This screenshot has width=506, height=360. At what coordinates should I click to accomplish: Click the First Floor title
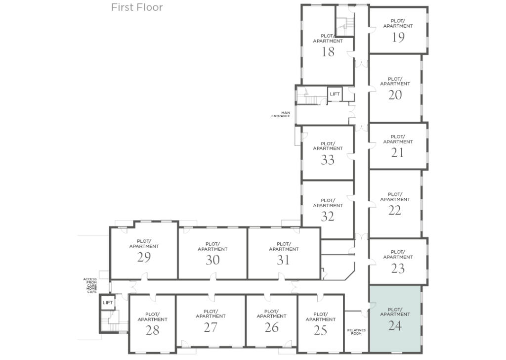pos(137,7)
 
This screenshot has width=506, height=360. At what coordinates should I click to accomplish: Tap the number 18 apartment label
pos(328,52)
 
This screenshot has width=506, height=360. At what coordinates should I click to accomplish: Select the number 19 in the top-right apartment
pos(398,37)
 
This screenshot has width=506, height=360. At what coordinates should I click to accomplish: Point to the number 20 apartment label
pos(395,95)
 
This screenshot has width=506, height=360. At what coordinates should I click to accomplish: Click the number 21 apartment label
pos(398,153)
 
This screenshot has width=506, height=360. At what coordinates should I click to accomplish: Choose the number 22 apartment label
pos(395,211)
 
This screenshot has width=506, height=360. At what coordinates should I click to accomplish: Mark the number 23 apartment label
pos(398,269)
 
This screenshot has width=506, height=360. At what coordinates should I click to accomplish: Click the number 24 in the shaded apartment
pos(395,326)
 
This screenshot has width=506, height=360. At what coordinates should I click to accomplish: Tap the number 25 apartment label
pos(320,330)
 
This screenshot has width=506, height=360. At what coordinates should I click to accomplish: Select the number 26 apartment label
pos(271,327)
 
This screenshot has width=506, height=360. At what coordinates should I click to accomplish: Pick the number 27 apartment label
pos(211,327)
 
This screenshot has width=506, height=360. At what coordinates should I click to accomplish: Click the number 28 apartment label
pos(152,330)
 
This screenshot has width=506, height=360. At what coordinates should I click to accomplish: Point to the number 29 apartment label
pos(144,257)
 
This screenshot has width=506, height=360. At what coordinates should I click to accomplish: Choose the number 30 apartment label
pos(212,260)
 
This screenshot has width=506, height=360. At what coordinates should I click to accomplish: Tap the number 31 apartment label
pos(283,260)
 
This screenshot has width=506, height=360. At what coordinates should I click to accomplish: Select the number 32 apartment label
pos(328,217)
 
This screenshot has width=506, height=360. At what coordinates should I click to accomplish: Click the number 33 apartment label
pos(328,160)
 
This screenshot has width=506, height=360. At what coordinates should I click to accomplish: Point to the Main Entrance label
pos(281,114)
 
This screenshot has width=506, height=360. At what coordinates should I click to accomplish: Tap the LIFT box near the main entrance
pos(335,94)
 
